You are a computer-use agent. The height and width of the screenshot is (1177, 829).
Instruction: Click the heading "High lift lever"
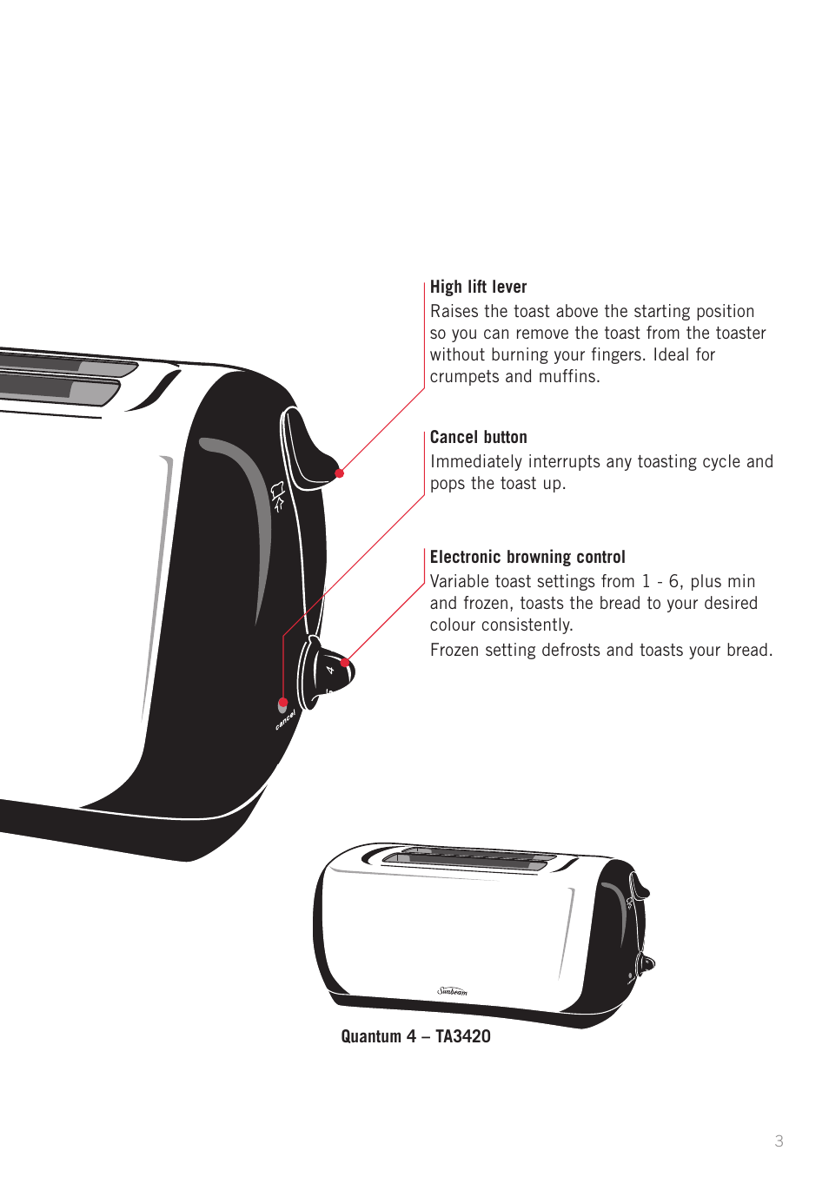tap(478, 288)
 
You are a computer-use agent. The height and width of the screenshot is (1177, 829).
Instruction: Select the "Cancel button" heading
tap(478, 438)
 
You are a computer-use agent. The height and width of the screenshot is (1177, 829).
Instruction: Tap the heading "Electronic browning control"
tap(527, 558)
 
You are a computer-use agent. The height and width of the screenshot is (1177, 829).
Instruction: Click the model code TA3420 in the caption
tap(462, 1036)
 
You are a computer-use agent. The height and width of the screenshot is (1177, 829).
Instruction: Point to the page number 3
tap(779, 1141)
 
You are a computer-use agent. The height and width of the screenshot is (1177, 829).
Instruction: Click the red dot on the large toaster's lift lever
tap(340, 473)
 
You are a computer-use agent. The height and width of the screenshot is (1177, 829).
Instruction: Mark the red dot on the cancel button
tap(283, 703)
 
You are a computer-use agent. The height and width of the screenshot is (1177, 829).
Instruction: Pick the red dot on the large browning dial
tap(345, 663)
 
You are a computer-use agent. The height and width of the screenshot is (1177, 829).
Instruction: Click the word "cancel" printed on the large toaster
tap(286, 719)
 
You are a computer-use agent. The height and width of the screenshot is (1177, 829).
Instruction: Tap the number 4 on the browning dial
tap(330, 670)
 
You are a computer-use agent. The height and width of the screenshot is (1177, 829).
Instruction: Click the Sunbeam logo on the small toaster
tap(452, 991)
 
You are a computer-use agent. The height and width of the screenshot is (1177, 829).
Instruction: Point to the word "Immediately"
tap(475, 462)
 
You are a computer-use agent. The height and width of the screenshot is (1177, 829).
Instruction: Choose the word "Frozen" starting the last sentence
tap(455, 651)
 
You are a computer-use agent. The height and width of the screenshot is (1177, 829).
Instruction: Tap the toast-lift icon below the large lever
tap(278, 496)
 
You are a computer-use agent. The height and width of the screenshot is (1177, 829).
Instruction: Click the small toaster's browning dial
tap(647, 962)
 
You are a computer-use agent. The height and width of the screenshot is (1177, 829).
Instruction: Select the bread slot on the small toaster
tap(469, 858)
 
